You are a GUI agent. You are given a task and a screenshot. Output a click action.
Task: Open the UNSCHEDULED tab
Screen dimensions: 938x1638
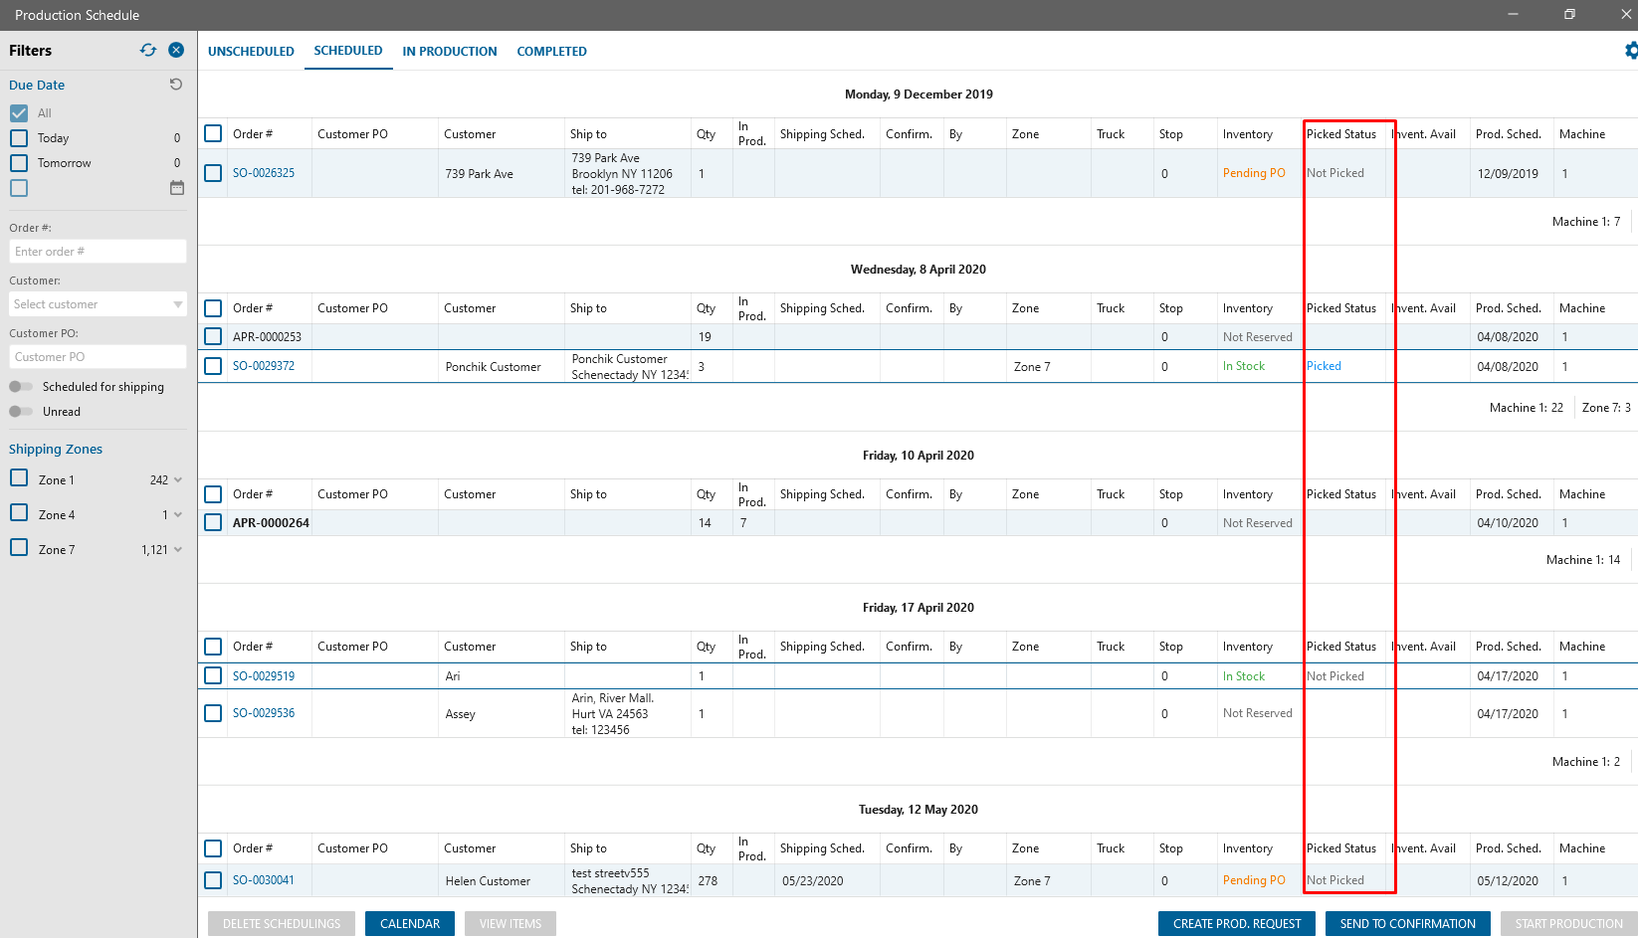pos(251,52)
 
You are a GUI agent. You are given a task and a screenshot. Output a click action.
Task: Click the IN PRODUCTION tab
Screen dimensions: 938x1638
pos(449,52)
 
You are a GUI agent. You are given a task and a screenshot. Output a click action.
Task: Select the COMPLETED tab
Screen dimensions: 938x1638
pos(551,52)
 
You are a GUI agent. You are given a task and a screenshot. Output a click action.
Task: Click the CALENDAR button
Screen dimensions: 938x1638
pos(409,924)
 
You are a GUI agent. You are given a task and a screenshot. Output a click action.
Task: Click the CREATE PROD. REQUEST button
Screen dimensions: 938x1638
pos(1236,924)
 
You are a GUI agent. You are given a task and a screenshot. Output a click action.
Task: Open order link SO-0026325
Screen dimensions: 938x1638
pos(264,173)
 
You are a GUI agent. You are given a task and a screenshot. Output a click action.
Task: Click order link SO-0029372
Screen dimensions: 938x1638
pos(264,366)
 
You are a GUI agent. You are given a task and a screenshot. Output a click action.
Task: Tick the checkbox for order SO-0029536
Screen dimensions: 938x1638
pos(213,713)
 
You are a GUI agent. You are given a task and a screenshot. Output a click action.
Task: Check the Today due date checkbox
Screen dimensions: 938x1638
pos(19,138)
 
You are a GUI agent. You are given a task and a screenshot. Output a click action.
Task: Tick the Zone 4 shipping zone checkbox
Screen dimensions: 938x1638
pos(19,513)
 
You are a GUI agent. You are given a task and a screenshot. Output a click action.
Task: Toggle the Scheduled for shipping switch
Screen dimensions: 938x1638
pos(21,387)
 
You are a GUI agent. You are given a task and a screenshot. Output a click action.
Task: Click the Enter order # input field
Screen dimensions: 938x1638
pos(98,252)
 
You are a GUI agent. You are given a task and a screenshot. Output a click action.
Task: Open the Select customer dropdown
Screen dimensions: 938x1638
pos(98,304)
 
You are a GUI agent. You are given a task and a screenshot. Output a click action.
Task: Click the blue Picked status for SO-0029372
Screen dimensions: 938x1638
pos(1324,366)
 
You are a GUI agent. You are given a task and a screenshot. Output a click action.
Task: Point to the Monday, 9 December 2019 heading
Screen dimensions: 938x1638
pos(919,94)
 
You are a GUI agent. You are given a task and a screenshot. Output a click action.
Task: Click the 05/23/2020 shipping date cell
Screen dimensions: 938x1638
pos(812,881)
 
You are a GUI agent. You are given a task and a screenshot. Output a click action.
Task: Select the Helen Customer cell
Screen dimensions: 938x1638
pos(488,881)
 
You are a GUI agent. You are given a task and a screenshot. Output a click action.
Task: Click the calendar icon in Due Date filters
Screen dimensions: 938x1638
pos(177,188)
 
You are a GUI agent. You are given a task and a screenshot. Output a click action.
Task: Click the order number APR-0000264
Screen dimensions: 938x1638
pos(271,523)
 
